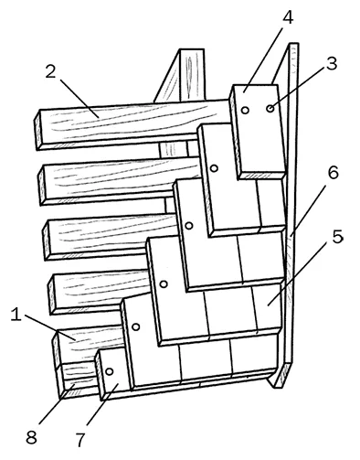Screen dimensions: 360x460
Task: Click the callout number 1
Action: coord(16,315)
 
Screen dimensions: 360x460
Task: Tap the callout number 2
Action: coord(51,71)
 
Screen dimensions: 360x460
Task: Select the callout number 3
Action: coord(332,63)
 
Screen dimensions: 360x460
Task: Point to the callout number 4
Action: coord(288,17)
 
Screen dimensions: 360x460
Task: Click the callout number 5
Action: coord(337,237)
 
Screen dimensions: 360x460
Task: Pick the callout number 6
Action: coord(333,173)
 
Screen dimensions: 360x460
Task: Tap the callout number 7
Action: coord(79,440)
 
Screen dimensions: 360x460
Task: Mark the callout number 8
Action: coord(31,438)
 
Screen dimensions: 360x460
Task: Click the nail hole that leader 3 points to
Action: coord(270,108)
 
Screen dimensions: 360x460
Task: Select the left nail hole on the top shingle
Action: coord(246,110)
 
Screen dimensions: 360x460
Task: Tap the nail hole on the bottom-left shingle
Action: coord(110,371)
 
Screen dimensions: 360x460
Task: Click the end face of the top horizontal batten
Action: coord(38,130)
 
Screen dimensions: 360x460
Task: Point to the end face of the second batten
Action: coord(42,185)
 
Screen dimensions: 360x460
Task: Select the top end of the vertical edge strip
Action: coord(293,45)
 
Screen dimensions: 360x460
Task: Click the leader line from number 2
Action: coord(79,99)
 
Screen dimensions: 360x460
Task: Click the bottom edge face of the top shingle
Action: coord(262,176)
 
